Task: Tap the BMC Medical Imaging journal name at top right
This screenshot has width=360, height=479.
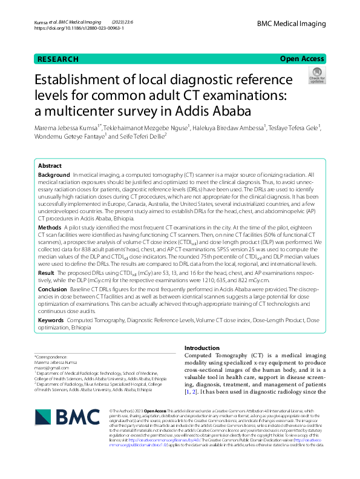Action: coord(291,24)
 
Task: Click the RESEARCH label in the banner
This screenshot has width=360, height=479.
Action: coord(58,59)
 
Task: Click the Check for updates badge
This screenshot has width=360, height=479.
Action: coord(316,75)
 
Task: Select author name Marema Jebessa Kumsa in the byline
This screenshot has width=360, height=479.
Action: coord(68,128)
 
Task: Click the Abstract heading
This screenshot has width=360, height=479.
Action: coord(50,165)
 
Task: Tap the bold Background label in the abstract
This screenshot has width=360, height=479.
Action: coord(54,174)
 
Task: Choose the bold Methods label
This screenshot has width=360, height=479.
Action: coord(50,226)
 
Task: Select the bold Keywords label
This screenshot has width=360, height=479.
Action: coord(51,319)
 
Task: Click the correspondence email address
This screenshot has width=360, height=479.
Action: coord(48,367)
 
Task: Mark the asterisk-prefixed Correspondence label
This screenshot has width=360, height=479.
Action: coord(51,357)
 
